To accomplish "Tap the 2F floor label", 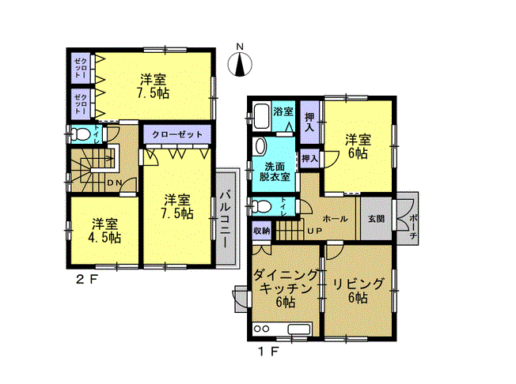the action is [x=87, y=280].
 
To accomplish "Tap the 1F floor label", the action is [x=267, y=352].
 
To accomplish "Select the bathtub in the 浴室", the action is [x=262, y=117].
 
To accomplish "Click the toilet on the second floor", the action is [x=81, y=134].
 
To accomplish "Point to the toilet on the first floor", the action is [x=263, y=207].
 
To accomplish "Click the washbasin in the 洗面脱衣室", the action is [x=260, y=146].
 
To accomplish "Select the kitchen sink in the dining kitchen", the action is [x=299, y=329].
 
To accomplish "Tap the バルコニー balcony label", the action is [x=226, y=218].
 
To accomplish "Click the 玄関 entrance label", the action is [x=376, y=219].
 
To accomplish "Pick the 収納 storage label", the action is [x=262, y=231].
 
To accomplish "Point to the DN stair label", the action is [x=115, y=183].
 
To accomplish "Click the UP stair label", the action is [x=315, y=231].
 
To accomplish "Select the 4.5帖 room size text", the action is [x=104, y=238].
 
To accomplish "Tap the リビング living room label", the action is [x=359, y=284].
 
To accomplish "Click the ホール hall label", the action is [x=335, y=219].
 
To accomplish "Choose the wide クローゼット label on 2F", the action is [x=177, y=134].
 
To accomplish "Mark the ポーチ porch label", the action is [x=415, y=227].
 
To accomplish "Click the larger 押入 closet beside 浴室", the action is [x=309, y=122].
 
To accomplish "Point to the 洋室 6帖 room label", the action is [x=358, y=146].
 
